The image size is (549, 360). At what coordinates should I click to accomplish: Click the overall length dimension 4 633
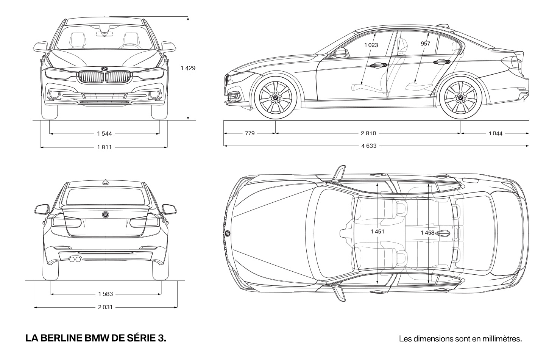369,146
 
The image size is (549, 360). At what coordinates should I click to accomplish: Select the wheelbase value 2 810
368,133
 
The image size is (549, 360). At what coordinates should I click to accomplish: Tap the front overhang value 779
250,133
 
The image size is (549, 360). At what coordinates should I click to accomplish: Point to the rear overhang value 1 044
496,133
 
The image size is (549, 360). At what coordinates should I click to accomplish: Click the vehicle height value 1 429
188,68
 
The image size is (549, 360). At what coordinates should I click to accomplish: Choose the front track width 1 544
104,134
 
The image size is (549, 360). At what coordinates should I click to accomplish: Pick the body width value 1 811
104,147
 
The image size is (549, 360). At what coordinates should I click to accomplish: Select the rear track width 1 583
106,294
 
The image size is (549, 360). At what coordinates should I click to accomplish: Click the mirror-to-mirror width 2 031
105,307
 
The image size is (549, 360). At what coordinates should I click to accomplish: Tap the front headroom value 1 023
371,45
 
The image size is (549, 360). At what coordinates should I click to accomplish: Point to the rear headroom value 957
426,44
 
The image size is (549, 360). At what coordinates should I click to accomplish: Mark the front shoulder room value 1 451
377,232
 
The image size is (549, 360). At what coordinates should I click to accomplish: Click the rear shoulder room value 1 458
428,233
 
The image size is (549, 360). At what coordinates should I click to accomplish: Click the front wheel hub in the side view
276,98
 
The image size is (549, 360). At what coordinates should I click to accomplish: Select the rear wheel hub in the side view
460,98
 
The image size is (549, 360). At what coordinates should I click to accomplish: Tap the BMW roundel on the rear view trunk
106,214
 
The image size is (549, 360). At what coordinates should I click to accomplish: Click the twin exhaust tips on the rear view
75,259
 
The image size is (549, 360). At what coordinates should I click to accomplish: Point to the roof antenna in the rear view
106,182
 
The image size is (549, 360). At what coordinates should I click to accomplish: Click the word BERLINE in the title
61,338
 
